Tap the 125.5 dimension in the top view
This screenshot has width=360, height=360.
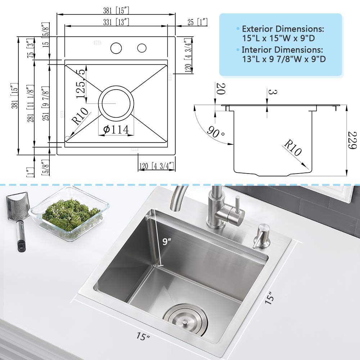[81, 85]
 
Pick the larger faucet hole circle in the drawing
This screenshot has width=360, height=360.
[116, 48]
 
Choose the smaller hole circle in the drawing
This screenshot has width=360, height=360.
[141, 48]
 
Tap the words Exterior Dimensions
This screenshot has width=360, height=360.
[283, 29]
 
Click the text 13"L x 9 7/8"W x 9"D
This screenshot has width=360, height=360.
[284, 59]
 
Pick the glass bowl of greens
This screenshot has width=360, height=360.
[69, 214]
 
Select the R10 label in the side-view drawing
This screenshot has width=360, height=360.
[292, 148]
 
